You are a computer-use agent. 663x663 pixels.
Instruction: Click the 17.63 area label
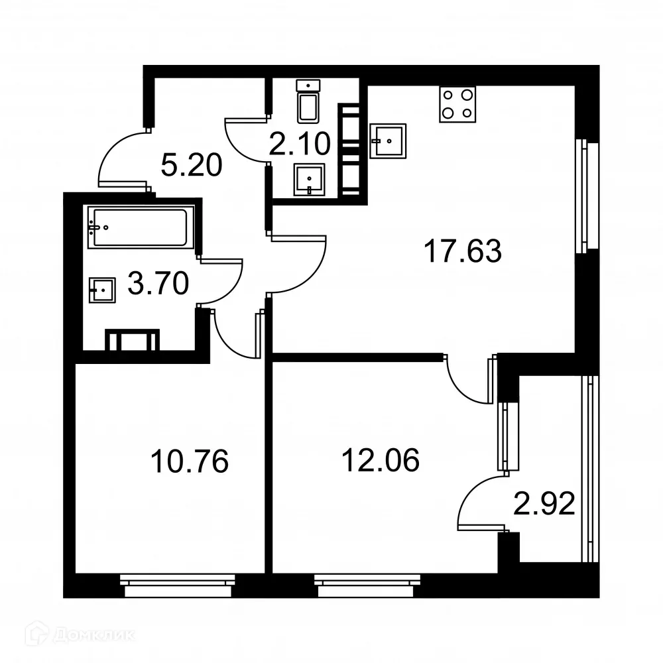(463, 252)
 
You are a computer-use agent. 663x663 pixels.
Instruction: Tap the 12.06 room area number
(380, 459)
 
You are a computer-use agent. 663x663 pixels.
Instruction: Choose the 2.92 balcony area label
(544, 505)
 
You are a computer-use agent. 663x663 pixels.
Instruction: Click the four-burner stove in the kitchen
(458, 104)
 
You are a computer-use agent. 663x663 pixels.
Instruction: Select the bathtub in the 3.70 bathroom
(140, 227)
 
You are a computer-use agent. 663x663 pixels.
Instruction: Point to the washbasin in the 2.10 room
(309, 179)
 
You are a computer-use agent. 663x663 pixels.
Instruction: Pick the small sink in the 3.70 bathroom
(102, 290)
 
